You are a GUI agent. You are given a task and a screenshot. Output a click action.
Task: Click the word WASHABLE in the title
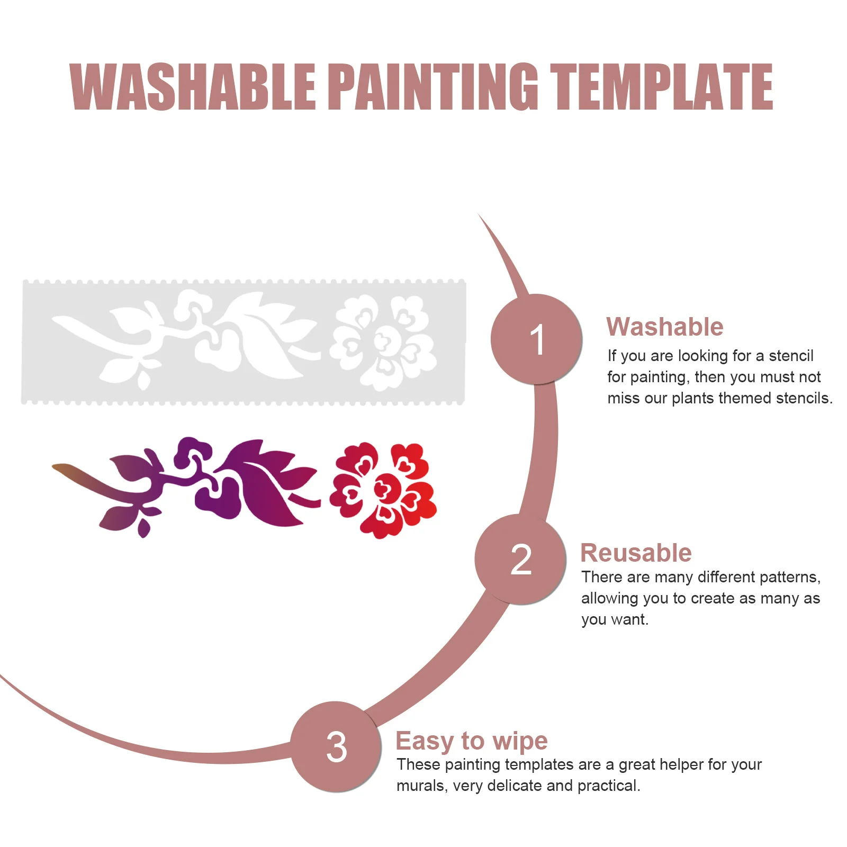[193, 87]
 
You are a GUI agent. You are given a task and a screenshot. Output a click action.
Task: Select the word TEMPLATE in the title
[661, 87]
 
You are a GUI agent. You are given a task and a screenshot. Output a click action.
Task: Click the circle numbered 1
[536, 339]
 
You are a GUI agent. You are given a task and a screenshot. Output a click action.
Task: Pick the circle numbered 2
[520, 560]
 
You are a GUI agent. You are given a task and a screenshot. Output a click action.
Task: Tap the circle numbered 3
[336, 747]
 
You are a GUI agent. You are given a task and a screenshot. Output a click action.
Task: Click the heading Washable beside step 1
[664, 327]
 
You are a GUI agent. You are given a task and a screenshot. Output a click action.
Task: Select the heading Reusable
[636, 553]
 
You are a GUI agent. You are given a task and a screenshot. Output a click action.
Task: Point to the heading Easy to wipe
[471, 741]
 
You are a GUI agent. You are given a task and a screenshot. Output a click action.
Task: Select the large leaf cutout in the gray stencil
[265, 339]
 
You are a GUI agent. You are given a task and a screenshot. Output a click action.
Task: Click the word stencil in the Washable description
[791, 356]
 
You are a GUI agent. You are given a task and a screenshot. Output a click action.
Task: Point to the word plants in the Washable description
[692, 398]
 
